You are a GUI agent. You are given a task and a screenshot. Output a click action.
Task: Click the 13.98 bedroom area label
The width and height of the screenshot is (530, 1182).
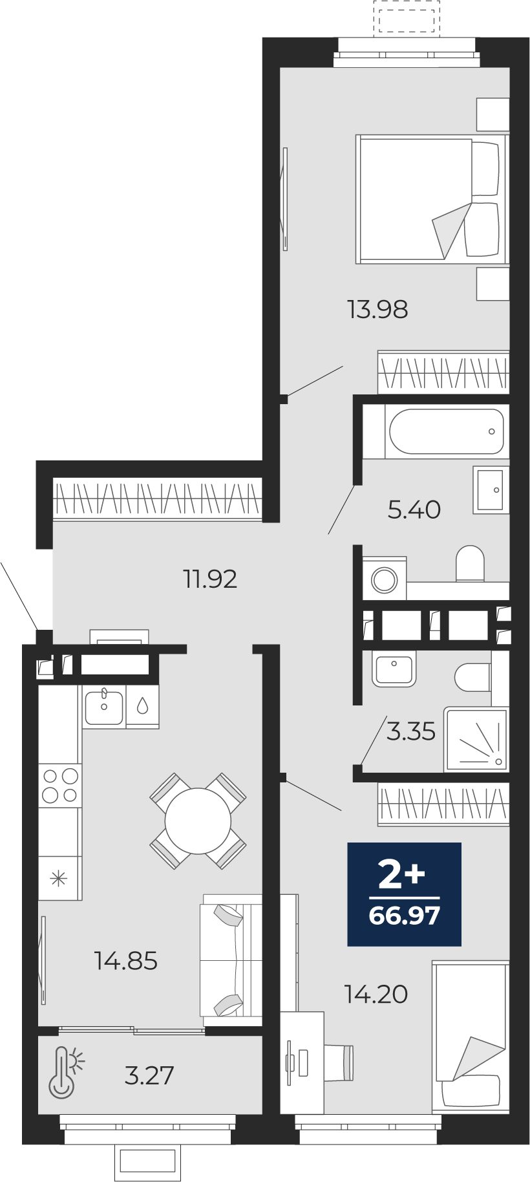click(x=377, y=310)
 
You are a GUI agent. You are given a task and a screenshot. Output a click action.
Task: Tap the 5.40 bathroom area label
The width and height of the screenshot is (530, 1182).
click(x=414, y=510)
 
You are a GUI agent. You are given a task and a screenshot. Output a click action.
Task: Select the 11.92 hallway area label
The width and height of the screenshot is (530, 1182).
click(x=210, y=579)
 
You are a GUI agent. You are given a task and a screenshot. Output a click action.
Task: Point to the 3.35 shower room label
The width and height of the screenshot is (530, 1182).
click(x=411, y=731)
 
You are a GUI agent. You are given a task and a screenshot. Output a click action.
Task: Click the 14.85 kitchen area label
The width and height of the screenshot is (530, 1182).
click(x=126, y=961)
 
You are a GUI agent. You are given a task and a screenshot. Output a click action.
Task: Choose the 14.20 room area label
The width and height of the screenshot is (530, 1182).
click(x=376, y=994)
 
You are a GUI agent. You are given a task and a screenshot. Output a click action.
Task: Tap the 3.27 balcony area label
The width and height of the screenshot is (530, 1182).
click(x=149, y=1076)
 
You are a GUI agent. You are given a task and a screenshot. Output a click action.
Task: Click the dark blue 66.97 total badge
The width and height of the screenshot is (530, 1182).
click(x=405, y=894)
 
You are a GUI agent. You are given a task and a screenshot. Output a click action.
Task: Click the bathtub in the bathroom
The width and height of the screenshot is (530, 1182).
click(x=446, y=431)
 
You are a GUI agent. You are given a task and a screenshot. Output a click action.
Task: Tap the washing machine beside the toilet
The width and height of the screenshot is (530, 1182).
click(x=385, y=579)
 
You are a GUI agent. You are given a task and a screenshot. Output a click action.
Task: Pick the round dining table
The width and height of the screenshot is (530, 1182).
click(x=198, y=821)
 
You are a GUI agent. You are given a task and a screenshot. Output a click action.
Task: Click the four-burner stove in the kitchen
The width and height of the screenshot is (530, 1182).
click(x=60, y=785)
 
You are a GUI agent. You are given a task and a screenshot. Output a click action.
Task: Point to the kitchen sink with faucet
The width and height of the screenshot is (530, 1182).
click(x=103, y=707)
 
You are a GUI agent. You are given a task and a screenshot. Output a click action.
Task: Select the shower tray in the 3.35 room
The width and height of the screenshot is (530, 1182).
click(x=476, y=739)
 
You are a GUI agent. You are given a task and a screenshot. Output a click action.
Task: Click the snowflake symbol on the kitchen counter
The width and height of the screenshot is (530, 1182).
click(x=59, y=879)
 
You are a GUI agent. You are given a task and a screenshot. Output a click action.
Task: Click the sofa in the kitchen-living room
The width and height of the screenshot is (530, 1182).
click(x=231, y=960)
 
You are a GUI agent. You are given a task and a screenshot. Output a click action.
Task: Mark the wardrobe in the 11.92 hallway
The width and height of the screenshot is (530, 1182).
click(x=158, y=499)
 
